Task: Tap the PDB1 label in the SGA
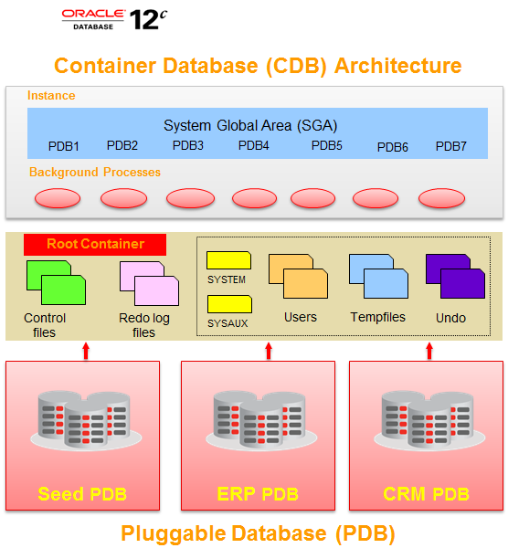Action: click(64, 146)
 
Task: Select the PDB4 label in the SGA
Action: click(254, 144)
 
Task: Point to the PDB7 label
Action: click(451, 146)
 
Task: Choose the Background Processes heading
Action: click(95, 172)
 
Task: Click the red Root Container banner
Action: click(95, 244)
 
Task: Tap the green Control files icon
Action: click(56, 282)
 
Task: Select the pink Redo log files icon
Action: click(149, 282)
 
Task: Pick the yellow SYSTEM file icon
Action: click(228, 260)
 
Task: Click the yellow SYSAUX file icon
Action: click(228, 304)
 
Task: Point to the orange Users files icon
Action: click(298, 277)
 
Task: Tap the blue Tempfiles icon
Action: click(378, 277)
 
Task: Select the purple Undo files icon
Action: click(455, 277)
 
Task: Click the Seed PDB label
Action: click(82, 494)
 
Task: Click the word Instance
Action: click(51, 96)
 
